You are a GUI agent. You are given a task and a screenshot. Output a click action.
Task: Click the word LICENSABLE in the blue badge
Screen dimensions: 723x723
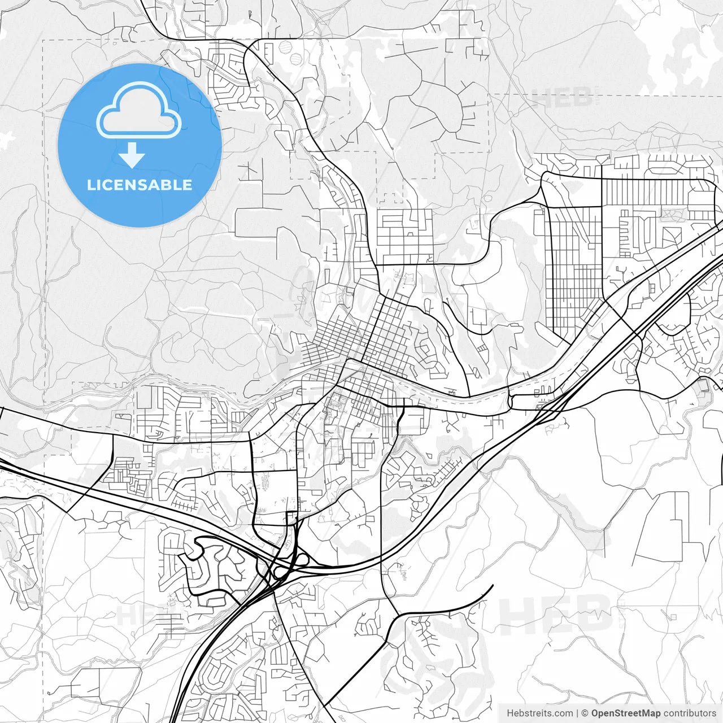click(140, 185)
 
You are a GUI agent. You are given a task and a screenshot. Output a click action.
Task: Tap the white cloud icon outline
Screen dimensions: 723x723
click(139, 111)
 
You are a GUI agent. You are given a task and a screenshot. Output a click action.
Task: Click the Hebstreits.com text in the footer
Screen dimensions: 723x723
click(539, 713)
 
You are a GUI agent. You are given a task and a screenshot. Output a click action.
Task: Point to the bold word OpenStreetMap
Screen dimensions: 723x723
click(625, 713)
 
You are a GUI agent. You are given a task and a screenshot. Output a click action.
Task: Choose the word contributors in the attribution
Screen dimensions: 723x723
click(689, 713)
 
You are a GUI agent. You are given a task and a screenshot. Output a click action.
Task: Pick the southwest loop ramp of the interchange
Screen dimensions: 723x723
click(278, 573)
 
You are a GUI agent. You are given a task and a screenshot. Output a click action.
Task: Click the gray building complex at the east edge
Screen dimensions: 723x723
click(703, 386)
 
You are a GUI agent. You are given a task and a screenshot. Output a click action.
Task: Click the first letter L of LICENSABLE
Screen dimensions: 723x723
click(90, 185)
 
